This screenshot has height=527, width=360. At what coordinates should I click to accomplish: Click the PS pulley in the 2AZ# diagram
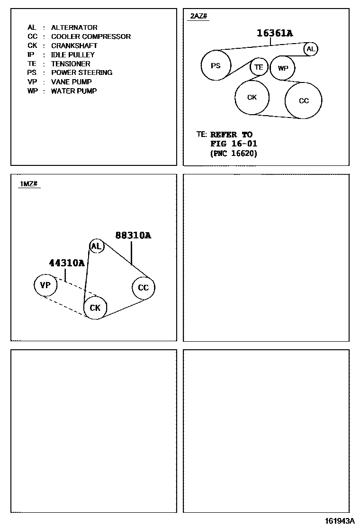pos(216,66)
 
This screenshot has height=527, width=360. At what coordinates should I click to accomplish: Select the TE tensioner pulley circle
pos(259,67)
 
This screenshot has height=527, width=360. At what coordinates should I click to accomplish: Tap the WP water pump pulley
pos(283,68)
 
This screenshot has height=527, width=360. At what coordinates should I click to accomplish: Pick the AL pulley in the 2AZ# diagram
pos(310,49)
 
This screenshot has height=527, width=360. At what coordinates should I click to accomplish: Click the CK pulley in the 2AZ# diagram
pos(252,97)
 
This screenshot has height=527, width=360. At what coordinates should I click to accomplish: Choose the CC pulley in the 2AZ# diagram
pos(304,100)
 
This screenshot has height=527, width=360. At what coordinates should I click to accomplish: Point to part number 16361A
pos(275,33)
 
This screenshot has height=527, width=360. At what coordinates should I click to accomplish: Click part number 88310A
pos(133,235)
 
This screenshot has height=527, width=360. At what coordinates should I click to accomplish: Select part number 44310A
pos(67,263)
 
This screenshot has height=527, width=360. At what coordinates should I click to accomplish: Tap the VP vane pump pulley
pos(45,285)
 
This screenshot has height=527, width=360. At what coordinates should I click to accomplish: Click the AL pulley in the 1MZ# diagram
pos(97,246)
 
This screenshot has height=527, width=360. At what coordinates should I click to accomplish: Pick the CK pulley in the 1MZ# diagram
pos(95,308)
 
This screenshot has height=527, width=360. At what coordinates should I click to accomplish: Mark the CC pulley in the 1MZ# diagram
pos(143,288)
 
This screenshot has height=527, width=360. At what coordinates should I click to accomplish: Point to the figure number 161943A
pos(340,521)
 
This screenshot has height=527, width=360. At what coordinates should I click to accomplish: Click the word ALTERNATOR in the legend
pos(74,27)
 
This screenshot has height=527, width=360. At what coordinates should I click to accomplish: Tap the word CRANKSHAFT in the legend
pos(74,45)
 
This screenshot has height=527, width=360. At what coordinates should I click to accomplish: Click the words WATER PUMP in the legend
pos(73,91)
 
